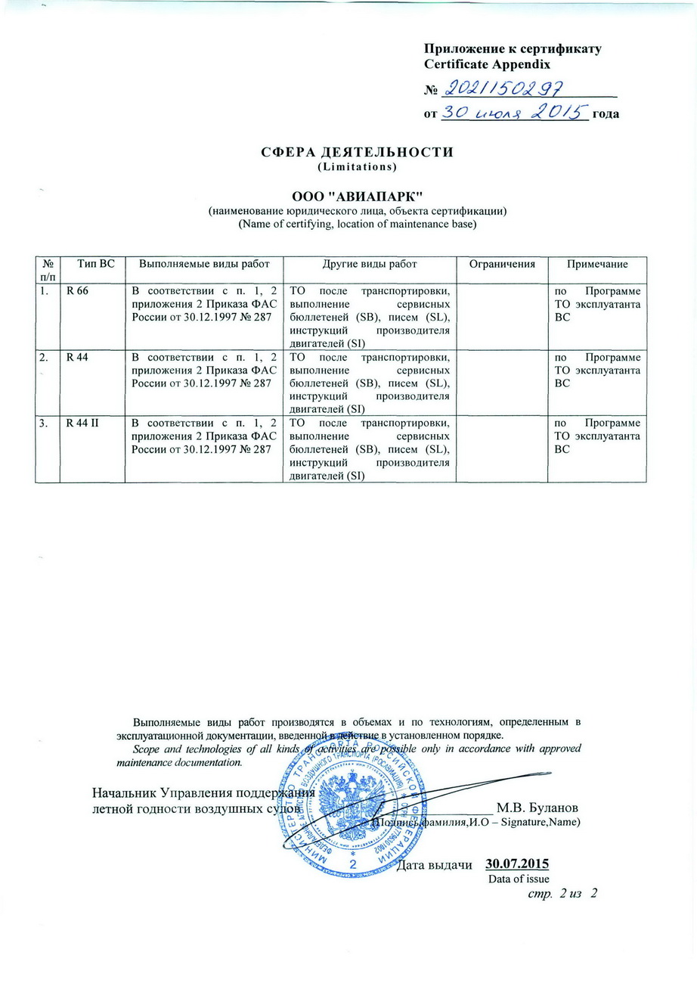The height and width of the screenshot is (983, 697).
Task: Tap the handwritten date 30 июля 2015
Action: [x=514, y=113]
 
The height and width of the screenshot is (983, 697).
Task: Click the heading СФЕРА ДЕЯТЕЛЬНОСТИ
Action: [x=357, y=152]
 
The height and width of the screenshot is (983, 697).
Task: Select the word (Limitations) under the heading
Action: [x=357, y=165]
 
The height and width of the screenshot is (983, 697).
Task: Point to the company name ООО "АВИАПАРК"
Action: [x=357, y=196]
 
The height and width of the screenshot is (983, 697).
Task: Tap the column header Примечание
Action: [x=597, y=263]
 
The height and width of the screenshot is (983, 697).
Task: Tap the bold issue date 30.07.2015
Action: [x=517, y=864]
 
